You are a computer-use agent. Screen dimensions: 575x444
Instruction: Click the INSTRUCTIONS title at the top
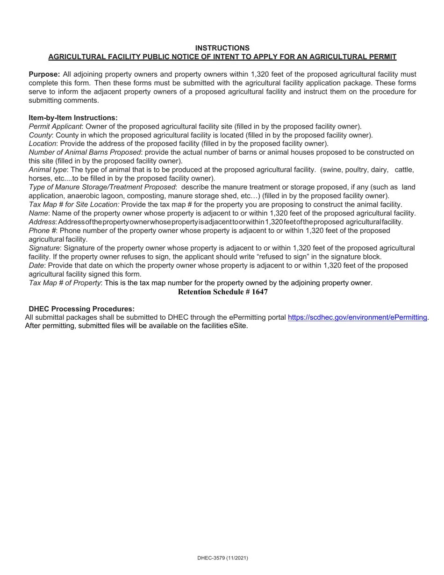click(x=222, y=48)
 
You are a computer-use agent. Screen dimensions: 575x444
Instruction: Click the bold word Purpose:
click(x=44, y=74)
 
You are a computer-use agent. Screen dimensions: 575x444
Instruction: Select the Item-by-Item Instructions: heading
click(x=73, y=118)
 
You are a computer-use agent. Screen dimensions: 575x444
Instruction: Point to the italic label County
click(x=40, y=135)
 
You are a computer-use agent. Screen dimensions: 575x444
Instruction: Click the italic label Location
click(x=43, y=144)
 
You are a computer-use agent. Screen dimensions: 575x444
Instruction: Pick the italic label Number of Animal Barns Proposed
click(x=85, y=152)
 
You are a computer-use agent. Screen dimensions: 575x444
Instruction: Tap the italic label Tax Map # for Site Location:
click(x=74, y=204)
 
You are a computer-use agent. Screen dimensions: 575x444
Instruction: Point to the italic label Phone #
click(x=42, y=230)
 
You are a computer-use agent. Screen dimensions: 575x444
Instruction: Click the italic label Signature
click(x=44, y=248)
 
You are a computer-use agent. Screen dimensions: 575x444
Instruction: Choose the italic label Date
click(x=36, y=266)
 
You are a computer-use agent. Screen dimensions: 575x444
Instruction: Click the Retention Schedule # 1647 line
click(x=222, y=292)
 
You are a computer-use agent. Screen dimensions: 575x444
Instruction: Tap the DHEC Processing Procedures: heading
click(x=81, y=309)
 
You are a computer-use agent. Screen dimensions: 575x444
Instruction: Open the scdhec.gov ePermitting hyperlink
click(x=357, y=317)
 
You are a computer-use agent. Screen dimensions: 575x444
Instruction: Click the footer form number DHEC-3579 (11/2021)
click(x=222, y=558)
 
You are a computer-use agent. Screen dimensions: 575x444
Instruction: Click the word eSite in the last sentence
click(x=237, y=326)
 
